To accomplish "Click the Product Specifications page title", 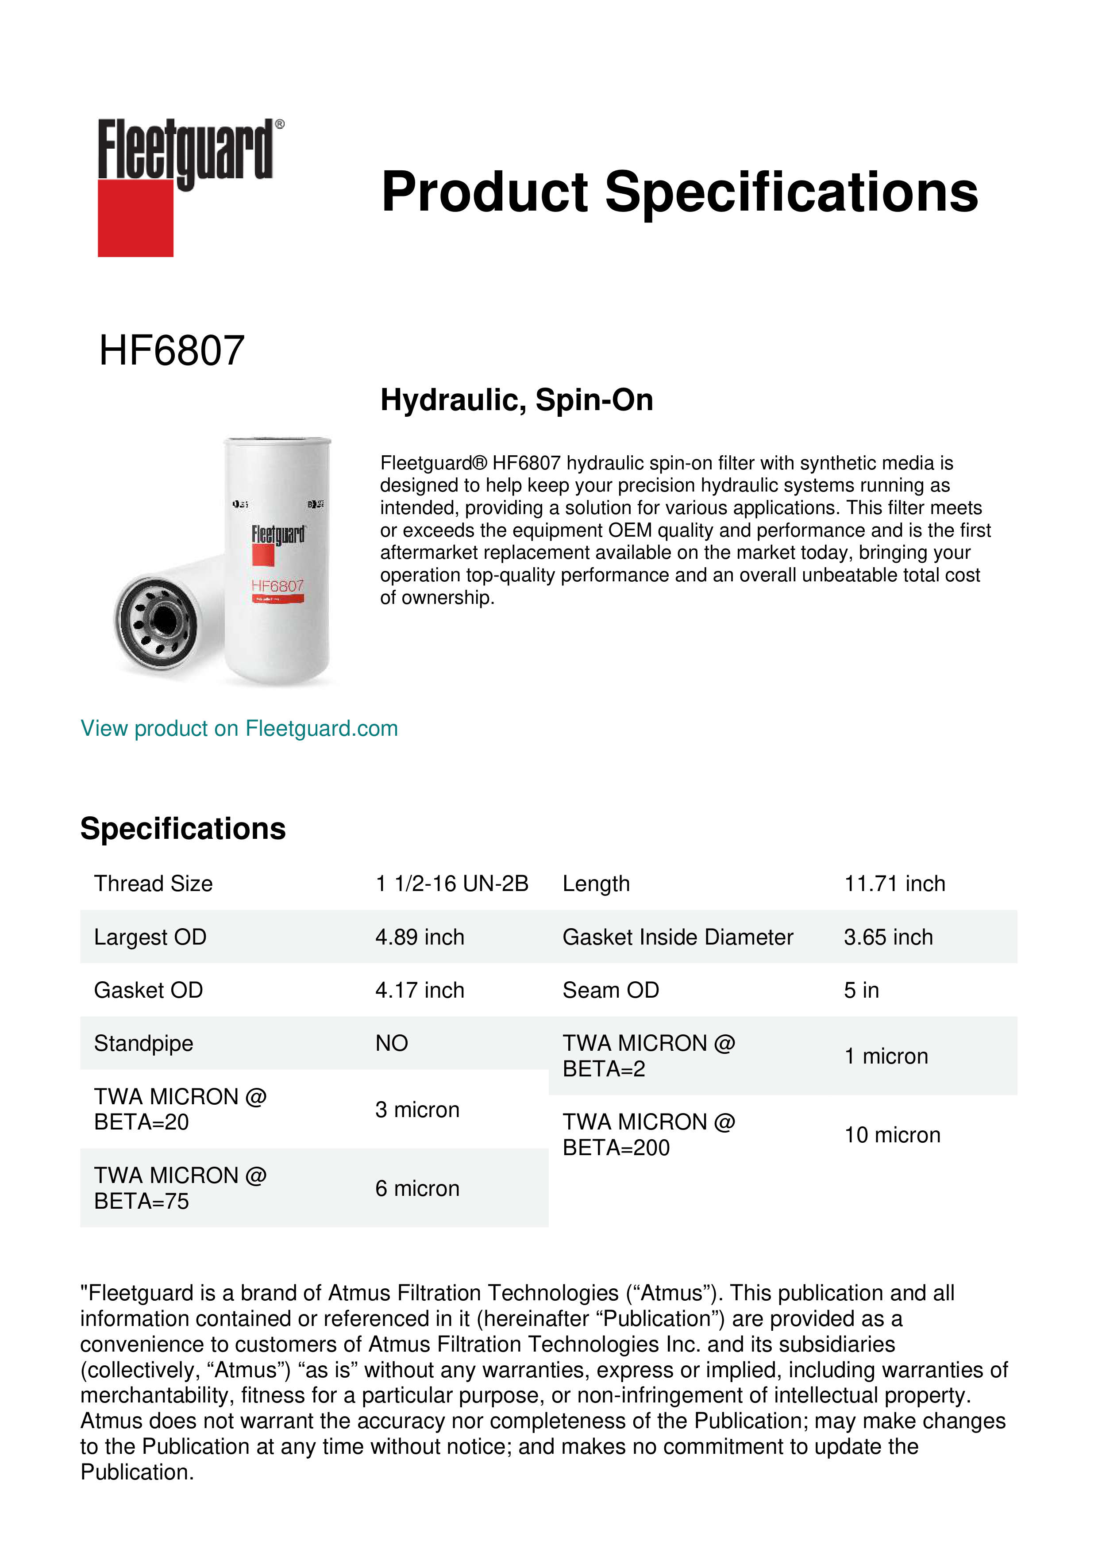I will pyautogui.click(x=679, y=192).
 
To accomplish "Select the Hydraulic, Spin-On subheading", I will pyautogui.click(x=516, y=400).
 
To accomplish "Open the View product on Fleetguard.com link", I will pyautogui.click(x=239, y=728).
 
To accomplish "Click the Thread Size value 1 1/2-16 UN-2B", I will pyautogui.click(x=452, y=884).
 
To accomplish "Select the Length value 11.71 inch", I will pyautogui.click(x=894, y=884).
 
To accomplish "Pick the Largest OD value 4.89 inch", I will pyautogui.click(x=420, y=937).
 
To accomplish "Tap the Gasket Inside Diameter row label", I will pyautogui.click(x=678, y=937).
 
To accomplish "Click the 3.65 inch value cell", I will pyautogui.click(x=888, y=937).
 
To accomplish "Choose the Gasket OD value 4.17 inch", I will pyautogui.click(x=420, y=990).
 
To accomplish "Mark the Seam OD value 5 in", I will pyautogui.click(x=861, y=990).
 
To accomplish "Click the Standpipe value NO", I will pyautogui.click(x=392, y=1043).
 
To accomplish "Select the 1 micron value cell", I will pyautogui.click(x=886, y=1056).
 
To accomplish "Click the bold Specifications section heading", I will pyautogui.click(x=183, y=829).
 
